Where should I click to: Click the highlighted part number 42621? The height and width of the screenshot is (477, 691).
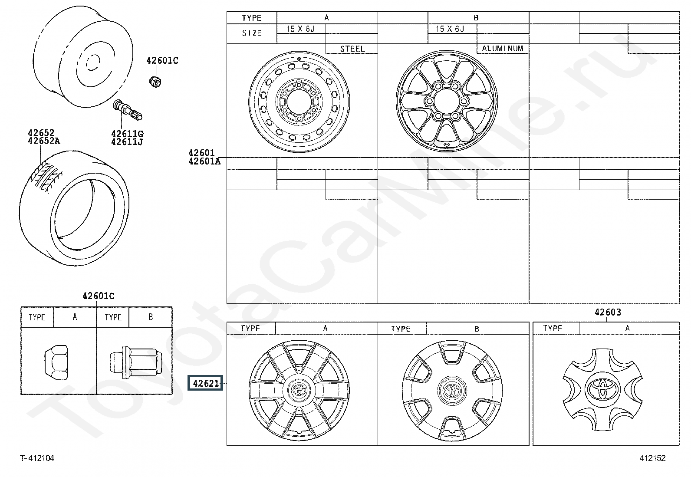(205, 383)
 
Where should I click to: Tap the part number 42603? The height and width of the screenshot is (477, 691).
(608, 312)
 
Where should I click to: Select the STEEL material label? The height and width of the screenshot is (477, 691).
(352, 49)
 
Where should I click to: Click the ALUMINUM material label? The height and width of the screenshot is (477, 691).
(503, 49)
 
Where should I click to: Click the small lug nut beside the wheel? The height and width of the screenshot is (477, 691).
(155, 82)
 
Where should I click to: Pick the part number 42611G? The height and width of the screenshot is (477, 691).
(128, 134)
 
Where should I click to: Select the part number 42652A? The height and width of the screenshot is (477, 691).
(44, 141)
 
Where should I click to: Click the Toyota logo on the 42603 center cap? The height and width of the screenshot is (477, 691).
(602, 389)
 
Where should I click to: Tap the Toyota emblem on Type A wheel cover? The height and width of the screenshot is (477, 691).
(299, 390)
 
